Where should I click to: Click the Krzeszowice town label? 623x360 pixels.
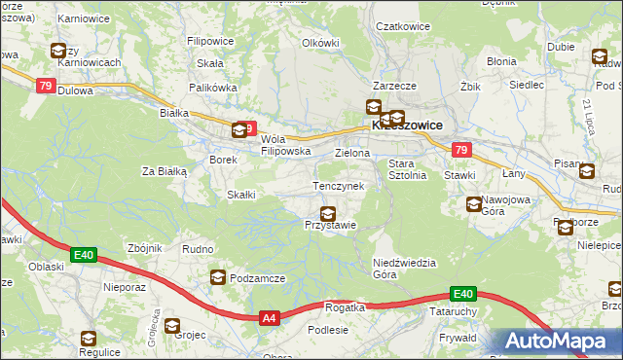(x=407, y=126)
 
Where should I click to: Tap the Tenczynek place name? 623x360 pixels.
(x=338, y=185)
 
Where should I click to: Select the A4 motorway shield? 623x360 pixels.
(x=270, y=317)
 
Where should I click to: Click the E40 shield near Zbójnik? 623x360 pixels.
(x=83, y=255)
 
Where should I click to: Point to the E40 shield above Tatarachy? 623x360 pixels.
(x=462, y=294)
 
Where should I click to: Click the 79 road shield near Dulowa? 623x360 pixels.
(x=45, y=86)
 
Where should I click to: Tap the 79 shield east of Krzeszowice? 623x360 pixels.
(x=461, y=150)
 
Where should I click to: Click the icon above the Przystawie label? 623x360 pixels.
(x=329, y=213)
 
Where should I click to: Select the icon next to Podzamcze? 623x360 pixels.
(x=217, y=278)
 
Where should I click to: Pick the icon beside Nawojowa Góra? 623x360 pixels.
(x=474, y=204)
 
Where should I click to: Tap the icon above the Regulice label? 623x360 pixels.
(x=89, y=339)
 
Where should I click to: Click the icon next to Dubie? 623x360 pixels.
(x=598, y=56)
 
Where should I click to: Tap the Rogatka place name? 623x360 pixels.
(x=345, y=307)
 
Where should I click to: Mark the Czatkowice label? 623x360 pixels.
(x=403, y=27)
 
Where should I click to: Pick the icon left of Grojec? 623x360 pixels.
(x=171, y=326)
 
